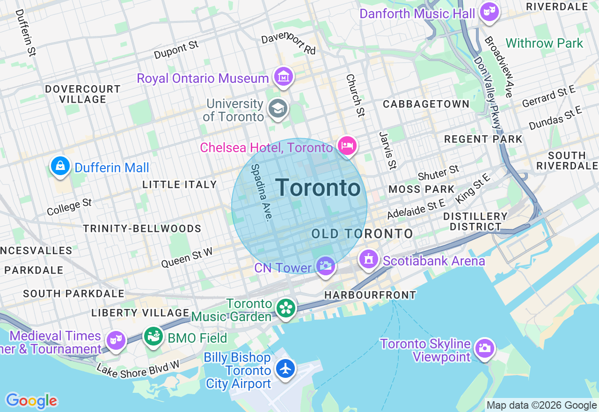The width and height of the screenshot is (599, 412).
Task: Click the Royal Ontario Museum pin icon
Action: pos(283,77)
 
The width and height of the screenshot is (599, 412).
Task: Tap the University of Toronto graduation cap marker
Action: pos(278,108)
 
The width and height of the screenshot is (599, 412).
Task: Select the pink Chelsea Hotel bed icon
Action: pos(347,146)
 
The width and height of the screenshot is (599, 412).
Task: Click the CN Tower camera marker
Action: pos(325,266)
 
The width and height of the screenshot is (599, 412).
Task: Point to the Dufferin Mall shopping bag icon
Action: pos(60,166)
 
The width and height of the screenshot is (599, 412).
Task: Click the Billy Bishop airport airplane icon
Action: pos(285,368)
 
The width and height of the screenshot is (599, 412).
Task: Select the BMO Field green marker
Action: pos(153,336)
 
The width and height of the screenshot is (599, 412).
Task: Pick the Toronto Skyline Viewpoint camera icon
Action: pos(484,348)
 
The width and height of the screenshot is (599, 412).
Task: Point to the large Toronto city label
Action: pos(318,188)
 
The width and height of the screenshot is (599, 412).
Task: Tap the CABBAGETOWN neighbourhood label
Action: pos(426,104)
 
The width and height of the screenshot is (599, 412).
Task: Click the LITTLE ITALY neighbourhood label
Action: pos(180,184)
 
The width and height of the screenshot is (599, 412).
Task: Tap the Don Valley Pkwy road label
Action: pos(488,93)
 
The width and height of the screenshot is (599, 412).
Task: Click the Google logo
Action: pos(31,401)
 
